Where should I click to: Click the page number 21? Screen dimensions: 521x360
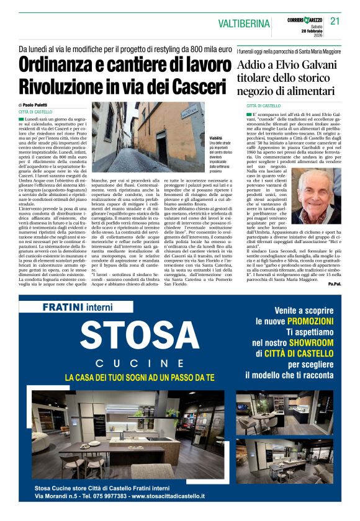[x=335, y=22]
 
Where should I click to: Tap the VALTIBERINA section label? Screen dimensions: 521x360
[x=244, y=24]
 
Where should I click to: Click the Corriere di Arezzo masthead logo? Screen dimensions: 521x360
[x=305, y=20]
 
